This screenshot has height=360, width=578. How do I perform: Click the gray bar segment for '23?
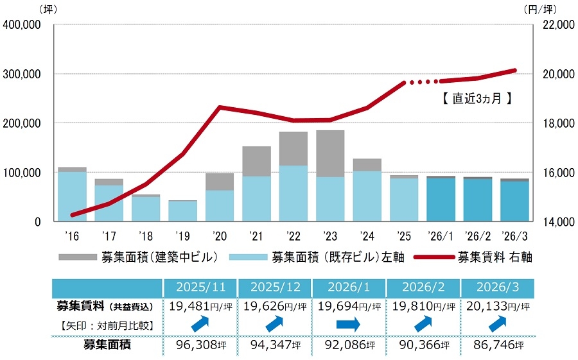[330, 153]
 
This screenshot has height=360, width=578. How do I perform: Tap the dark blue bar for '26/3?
[515, 201]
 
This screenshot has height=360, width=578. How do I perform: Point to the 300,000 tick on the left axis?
[23, 74]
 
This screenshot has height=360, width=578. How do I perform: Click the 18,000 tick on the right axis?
[554, 123]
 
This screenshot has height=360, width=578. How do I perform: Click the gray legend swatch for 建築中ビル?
[76, 257]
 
